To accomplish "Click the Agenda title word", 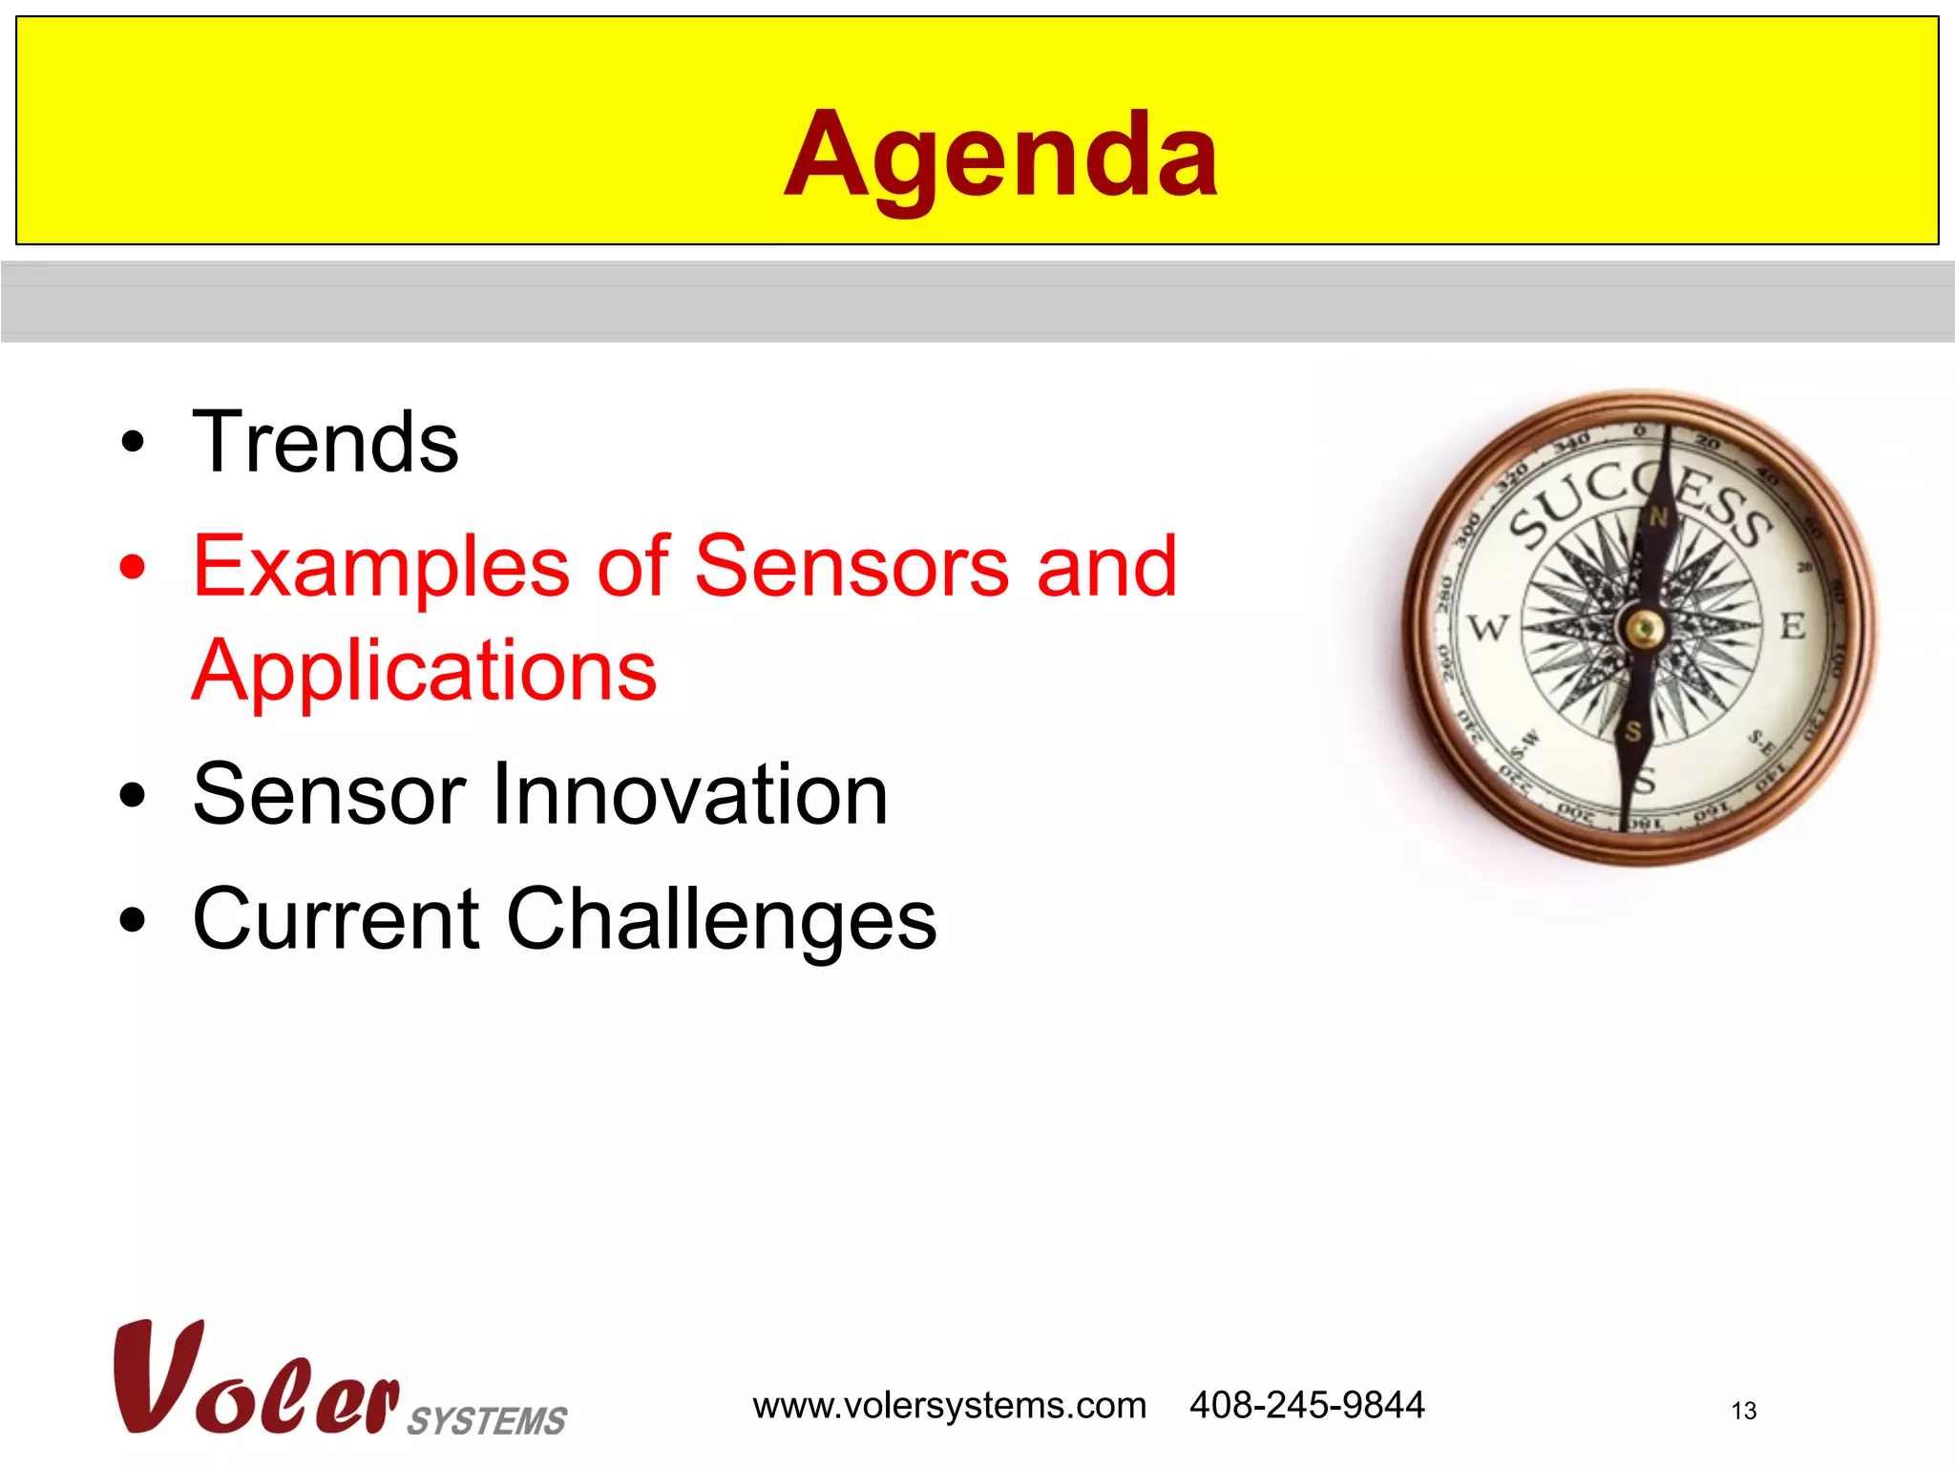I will pos(1000,156).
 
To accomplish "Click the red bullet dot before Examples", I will pos(133,567).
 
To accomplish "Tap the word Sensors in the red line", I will pos(851,567).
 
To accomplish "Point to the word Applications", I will pos(424,671).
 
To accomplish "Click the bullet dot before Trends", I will pos(133,443).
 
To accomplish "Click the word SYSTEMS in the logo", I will pos(487,1420).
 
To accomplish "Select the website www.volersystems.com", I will pos(949,1406).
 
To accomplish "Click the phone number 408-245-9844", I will pos(1307,1405).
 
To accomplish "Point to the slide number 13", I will pos(1743,1411).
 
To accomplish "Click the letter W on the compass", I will pos(1487,628).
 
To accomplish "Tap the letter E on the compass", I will pos(1793,626).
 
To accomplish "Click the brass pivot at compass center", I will pos(1643,628).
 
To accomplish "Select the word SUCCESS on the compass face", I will pos(1638,504).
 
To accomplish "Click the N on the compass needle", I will pos(1658,518).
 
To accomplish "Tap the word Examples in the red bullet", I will pos(380,567).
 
